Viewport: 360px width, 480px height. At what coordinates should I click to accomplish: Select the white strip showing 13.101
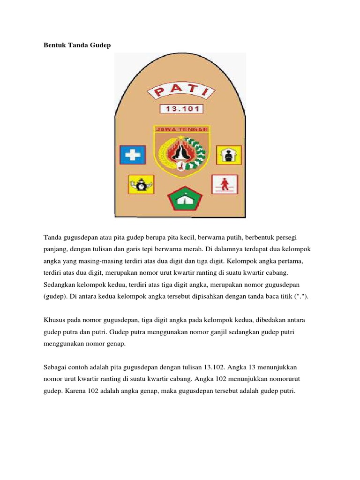[x=181, y=109]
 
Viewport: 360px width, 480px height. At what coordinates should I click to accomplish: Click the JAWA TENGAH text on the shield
[x=182, y=129]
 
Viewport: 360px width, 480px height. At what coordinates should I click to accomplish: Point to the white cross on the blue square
[x=132, y=155]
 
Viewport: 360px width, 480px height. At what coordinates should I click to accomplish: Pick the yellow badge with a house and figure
[x=228, y=154]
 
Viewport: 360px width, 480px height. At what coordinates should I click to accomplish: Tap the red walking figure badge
[x=225, y=184]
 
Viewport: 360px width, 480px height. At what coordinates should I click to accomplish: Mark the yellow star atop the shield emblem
[x=181, y=137]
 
